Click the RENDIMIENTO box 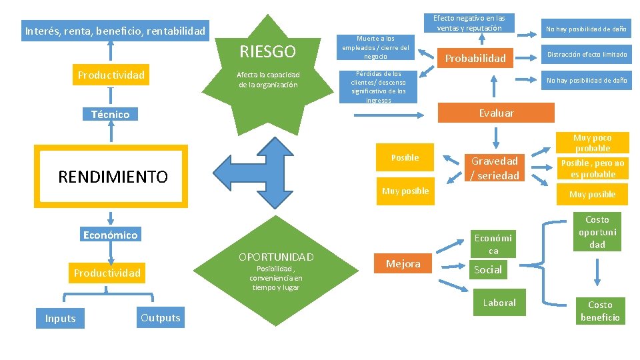tap(112, 177)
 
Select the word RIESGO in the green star tap(267, 52)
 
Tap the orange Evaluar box tap(496, 113)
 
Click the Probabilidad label tap(475, 58)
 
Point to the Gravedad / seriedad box tap(495, 168)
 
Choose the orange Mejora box tap(403, 263)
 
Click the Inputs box tap(60, 318)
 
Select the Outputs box tap(160, 317)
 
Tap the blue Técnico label tap(110, 114)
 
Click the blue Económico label tap(110, 234)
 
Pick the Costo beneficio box tap(600, 311)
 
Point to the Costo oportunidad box tap(597, 232)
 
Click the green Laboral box tap(499, 303)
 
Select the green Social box tap(487, 269)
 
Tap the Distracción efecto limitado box tap(587, 54)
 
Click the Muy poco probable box tap(593, 143)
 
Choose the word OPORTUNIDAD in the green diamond tap(276, 257)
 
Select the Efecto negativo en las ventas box tap(469, 23)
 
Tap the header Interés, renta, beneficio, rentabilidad tap(115, 31)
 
